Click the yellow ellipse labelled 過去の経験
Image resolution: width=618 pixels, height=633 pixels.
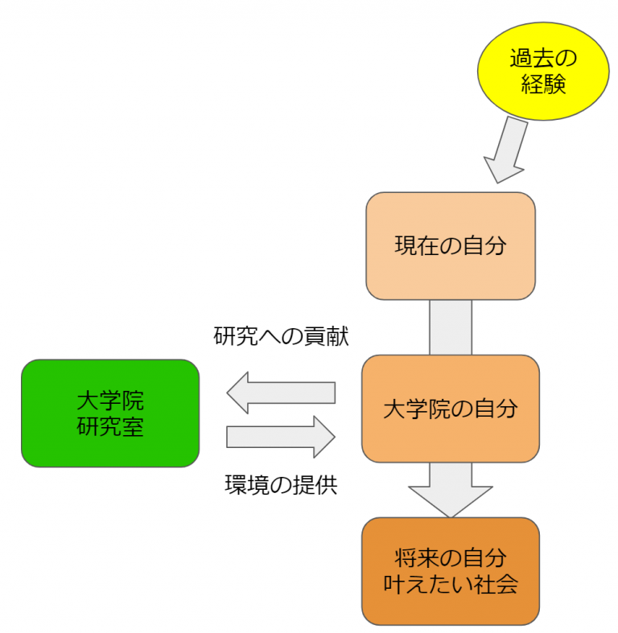coord(543,71)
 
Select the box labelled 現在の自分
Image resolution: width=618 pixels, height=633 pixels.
coord(451,245)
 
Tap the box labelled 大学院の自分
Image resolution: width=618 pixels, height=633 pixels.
coord(451,409)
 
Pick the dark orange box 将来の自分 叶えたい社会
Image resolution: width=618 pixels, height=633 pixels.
coord(451,569)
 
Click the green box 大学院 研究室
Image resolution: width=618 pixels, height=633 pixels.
coord(110,413)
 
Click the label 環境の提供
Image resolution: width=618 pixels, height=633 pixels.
coord(281,485)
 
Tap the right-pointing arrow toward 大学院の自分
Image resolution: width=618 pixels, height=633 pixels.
coord(280,436)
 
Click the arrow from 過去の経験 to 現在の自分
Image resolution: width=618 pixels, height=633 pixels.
coord(507,150)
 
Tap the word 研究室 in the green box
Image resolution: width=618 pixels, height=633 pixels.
coord(110,427)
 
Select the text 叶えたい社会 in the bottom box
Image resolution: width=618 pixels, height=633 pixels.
coord(451,583)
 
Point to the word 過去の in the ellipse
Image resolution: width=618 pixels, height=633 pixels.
coord(543,58)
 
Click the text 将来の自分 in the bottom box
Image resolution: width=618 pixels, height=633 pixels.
coord(451,557)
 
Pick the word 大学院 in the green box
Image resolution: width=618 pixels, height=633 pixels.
coord(110,399)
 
